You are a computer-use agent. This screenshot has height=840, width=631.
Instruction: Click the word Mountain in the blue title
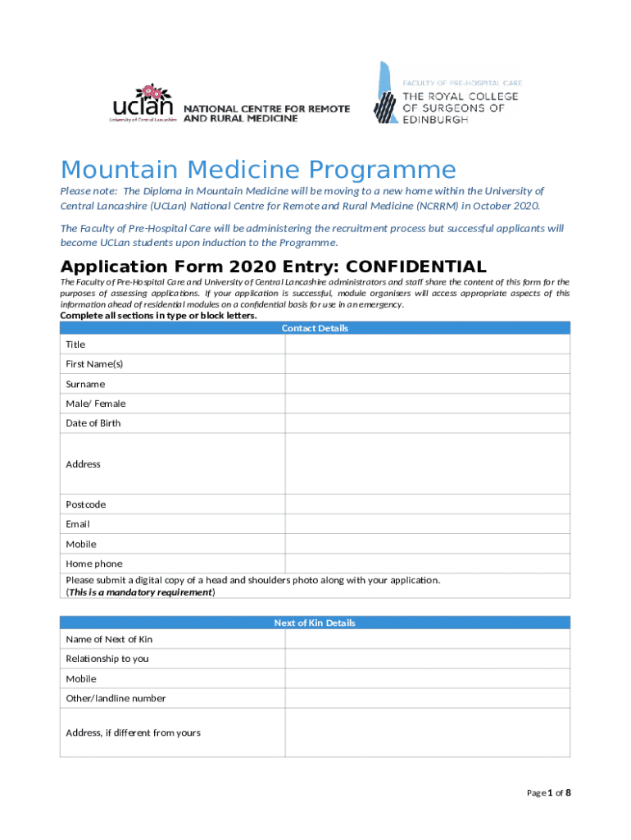(120, 170)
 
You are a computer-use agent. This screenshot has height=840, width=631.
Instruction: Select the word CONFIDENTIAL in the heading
(416, 267)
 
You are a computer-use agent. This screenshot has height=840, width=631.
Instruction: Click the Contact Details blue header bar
(315, 328)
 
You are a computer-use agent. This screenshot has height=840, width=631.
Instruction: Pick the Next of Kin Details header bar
(315, 623)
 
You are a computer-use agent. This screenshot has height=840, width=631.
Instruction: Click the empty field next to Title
(427, 345)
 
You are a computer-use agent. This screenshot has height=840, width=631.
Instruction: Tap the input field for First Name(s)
(427, 364)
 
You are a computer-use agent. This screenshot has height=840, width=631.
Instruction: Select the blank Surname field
(427, 384)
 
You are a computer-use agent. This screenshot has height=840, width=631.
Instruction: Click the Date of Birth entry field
(427, 423)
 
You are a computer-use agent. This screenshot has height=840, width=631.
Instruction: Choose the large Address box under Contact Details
(427, 463)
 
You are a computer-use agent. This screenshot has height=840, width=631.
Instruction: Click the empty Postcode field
(427, 504)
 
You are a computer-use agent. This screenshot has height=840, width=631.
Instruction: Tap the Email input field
(427, 524)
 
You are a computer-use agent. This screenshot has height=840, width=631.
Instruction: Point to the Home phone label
(94, 564)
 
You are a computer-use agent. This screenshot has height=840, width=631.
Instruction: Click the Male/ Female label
(96, 404)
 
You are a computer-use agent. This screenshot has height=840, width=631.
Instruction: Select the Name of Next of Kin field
(427, 639)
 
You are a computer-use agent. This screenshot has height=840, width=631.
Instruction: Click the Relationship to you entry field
(427, 659)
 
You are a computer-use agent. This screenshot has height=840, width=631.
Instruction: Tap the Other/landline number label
(116, 698)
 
